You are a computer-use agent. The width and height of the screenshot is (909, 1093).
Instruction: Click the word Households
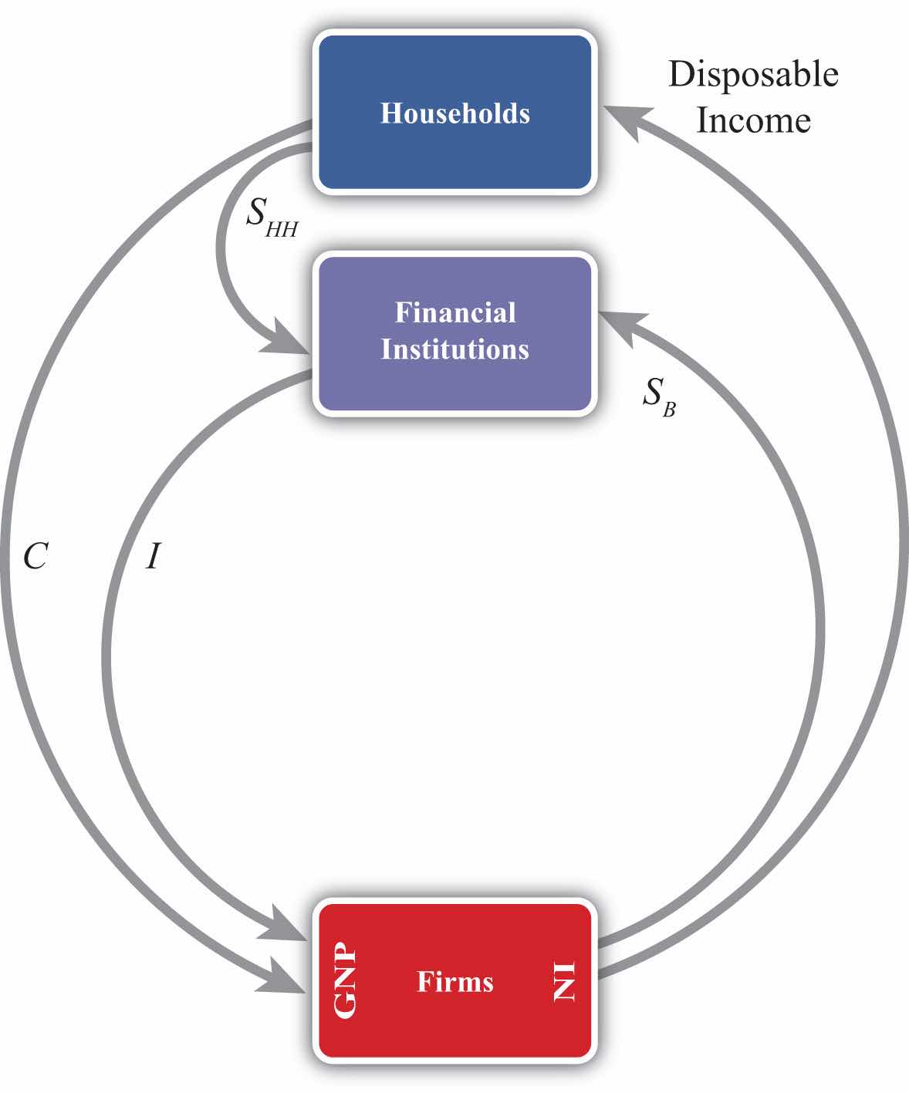pos(454,113)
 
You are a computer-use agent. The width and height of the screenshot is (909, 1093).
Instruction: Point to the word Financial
pos(455,312)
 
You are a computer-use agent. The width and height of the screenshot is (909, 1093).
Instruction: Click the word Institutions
pos(454,349)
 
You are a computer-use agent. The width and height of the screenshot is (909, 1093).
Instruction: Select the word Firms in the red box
pos(454,981)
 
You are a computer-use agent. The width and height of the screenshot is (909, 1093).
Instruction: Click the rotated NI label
pos(564,981)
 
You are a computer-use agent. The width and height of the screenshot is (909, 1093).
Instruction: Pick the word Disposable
pos(752,75)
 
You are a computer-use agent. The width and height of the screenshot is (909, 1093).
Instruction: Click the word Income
pos(753,120)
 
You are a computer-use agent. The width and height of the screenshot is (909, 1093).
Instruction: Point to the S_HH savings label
pos(271,217)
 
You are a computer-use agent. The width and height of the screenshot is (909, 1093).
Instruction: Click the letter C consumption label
pos(35,555)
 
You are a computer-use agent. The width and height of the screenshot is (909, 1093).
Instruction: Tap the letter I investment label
pos(153,555)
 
